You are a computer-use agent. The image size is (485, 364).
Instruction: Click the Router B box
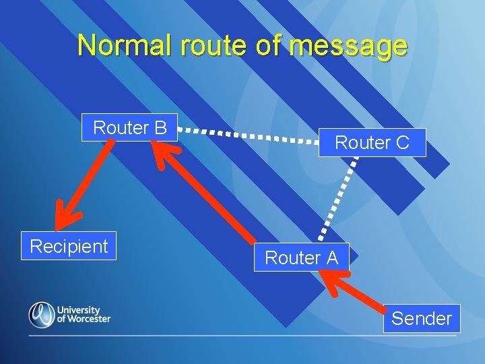[x=129, y=127]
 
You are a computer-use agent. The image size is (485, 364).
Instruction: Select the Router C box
[x=372, y=142]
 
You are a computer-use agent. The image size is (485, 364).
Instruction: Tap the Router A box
[x=301, y=257]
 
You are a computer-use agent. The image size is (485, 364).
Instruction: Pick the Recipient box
[x=69, y=246]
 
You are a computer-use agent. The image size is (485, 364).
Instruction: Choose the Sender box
[x=422, y=318]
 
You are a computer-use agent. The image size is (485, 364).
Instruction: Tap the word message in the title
[x=349, y=45]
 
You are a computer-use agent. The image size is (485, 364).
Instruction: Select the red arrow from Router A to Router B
[x=205, y=195]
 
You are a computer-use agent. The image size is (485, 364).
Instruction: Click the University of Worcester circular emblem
[x=41, y=315]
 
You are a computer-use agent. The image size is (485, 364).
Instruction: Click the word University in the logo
[x=78, y=310]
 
